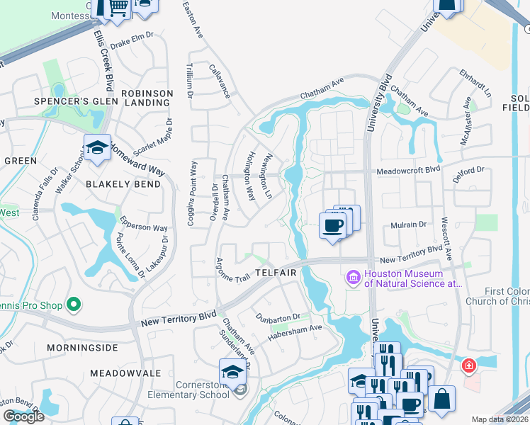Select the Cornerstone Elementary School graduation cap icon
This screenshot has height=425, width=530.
pyautogui.click(x=232, y=372)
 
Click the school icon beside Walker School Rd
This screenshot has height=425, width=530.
pyautogui.click(x=97, y=148)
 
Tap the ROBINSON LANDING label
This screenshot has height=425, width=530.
pyautogui.click(x=147, y=98)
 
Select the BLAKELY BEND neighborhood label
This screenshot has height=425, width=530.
pyautogui.click(x=123, y=183)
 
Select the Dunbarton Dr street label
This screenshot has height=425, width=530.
pyautogui.click(x=278, y=317)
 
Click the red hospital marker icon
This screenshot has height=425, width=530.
pyautogui.click(x=468, y=365)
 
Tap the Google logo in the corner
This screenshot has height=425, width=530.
pyautogui.click(x=23, y=416)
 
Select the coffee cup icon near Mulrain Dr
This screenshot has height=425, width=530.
pyautogui.click(x=332, y=225)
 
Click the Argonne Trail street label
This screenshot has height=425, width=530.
pyautogui.click(x=233, y=271)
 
